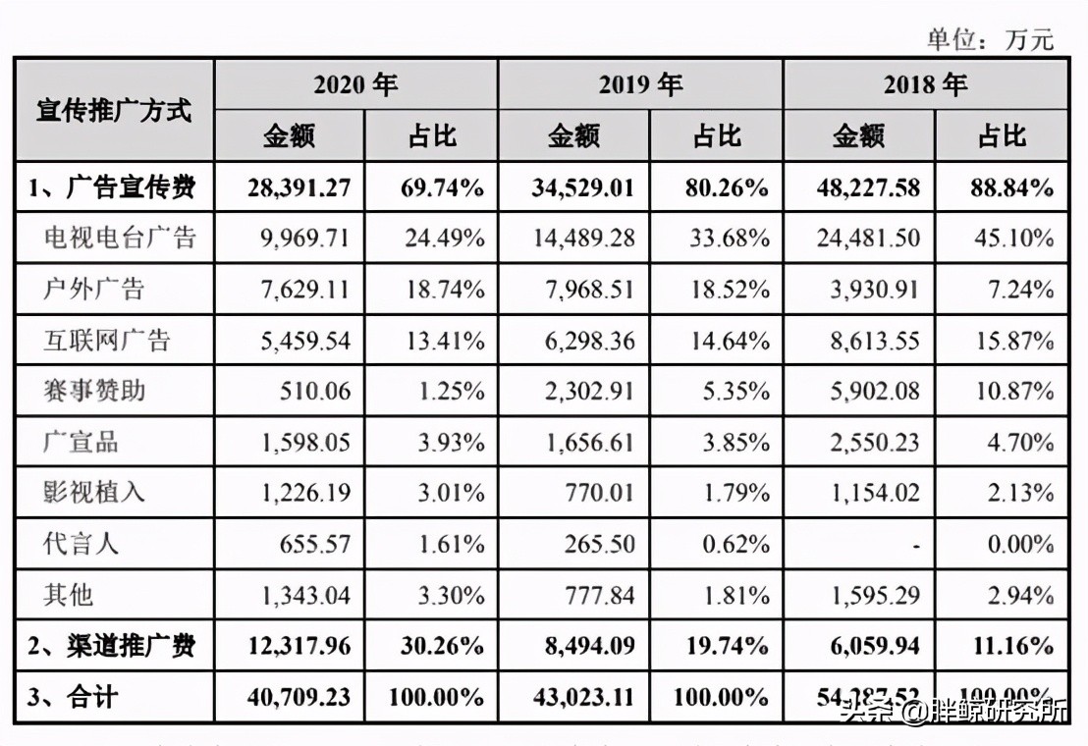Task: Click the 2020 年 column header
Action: (x=355, y=84)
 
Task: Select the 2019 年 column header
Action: (x=640, y=84)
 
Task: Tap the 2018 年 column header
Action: (x=925, y=84)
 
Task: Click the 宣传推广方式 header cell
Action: (x=114, y=110)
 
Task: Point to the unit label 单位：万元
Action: (x=989, y=38)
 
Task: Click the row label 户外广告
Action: (x=94, y=289)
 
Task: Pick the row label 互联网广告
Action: (x=107, y=340)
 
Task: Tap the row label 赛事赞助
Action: (x=94, y=391)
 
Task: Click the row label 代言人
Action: (x=82, y=543)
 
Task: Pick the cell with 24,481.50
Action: (x=867, y=238)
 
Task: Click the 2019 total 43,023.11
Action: (x=583, y=698)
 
